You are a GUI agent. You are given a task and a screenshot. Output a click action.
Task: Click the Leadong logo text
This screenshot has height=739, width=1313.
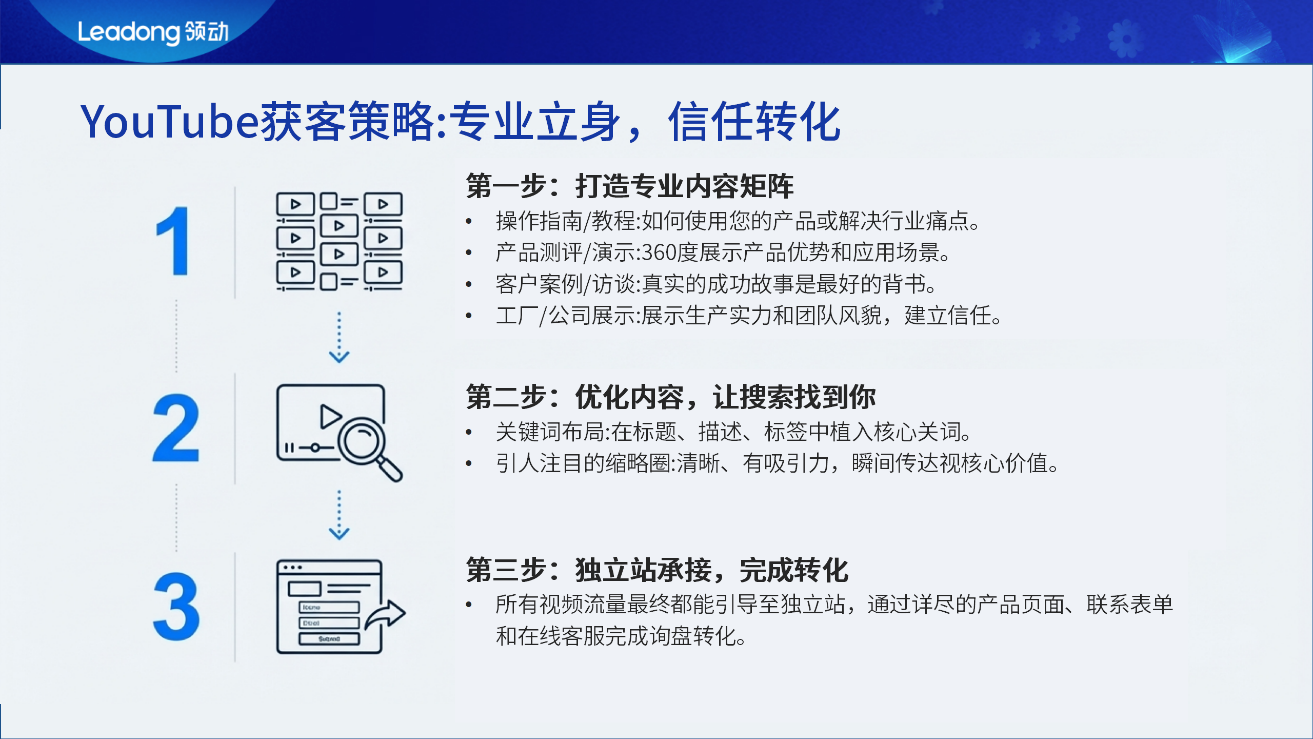click(x=153, y=32)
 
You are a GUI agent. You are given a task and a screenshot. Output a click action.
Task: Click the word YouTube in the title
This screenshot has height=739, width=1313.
click(x=169, y=122)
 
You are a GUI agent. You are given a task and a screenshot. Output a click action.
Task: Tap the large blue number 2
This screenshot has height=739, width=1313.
click(x=176, y=428)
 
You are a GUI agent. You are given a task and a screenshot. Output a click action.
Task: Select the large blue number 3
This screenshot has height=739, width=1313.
click(x=176, y=607)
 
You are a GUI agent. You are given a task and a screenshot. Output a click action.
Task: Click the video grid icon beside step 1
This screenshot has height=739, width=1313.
click(x=339, y=241)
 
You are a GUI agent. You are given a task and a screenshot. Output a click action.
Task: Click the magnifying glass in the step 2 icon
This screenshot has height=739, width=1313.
click(x=365, y=442)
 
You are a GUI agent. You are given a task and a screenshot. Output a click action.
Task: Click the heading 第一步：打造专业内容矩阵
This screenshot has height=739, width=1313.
click(x=629, y=186)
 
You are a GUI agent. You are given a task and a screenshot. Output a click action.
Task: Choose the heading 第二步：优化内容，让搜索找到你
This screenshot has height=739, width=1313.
click(x=670, y=397)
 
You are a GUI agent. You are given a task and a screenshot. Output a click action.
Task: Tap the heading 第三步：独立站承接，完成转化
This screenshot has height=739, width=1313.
click(x=657, y=570)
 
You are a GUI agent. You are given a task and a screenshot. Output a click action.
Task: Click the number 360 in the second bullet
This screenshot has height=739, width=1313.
click(x=659, y=252)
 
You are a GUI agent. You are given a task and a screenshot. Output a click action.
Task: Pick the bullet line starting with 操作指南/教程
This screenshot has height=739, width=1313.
click(x=738, y=221)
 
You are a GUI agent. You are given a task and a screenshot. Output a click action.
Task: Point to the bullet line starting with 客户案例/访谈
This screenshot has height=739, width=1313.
click(x=716, y=284)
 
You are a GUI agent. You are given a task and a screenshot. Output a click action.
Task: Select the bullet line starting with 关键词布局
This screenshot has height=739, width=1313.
click(x=733, y=432)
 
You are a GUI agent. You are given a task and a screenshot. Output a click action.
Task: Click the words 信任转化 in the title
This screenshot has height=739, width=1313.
click(x=754, y=122)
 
